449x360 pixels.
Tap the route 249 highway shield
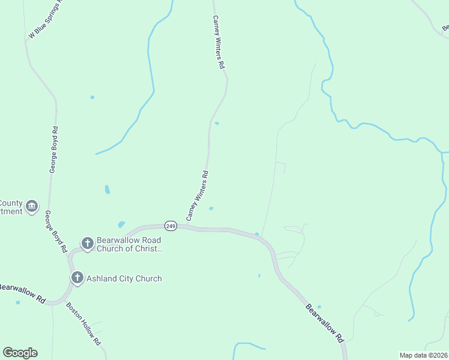[171, 226]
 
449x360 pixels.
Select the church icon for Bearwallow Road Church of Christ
[88, 243]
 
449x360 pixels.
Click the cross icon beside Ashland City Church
[77, 278]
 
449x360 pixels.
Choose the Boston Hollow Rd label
[83, 323]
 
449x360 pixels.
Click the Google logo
[20, 353]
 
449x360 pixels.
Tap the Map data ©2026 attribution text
[423, 355]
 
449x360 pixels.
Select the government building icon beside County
[32, 207]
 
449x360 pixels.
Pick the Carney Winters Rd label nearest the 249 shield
[197, 196]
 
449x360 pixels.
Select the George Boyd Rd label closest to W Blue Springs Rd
[53, 150]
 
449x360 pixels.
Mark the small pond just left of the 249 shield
[122, 224]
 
